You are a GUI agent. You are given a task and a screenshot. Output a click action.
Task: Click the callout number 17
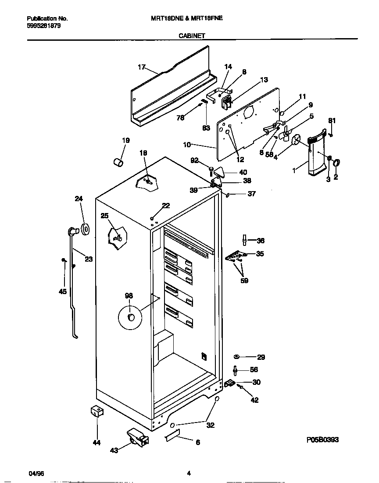click(141, 67)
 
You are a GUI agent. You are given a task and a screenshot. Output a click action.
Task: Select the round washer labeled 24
click(85, 228)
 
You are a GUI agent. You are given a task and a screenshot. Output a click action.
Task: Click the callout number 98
click(129, 296)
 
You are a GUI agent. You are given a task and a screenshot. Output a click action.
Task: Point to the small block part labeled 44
click(96, 412)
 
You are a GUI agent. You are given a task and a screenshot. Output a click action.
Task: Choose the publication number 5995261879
click(44, 25)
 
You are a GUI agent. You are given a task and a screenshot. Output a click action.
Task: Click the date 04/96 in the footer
click(36, 474)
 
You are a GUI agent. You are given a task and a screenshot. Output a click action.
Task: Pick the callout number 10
click(187, 144)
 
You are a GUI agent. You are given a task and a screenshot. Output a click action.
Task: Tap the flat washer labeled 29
click(236, 357)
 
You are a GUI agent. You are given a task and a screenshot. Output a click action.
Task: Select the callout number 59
click(244, 281)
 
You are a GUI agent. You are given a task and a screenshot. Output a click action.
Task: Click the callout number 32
click(211, 425)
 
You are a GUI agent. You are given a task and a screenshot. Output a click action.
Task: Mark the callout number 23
click(89, 259)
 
